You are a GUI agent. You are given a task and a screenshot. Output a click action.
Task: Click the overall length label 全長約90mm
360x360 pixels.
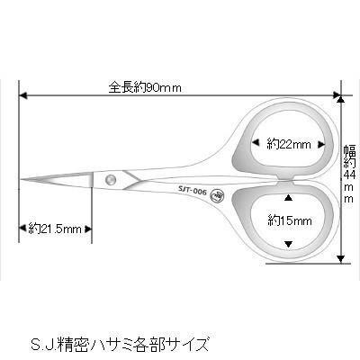pyautogui.click(x=145, y=87)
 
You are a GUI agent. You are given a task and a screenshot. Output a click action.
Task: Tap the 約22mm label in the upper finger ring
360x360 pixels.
pyautogui.click(x=289, y=145)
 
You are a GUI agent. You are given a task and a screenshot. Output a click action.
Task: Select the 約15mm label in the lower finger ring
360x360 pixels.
pyautogui.click(x=290, y=221)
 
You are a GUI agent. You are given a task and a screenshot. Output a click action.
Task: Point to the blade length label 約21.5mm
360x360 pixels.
pyautogui.click(x=55, y=229)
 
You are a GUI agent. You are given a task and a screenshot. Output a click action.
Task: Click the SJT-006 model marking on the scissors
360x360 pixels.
pyautogui.click(x=193, y=190)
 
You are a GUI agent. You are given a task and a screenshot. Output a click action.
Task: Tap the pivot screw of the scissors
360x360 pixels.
pyautogui.click(x=111, y=180)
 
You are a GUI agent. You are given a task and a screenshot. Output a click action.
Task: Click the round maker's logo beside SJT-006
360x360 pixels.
pyautogui.click(x=216, y=194)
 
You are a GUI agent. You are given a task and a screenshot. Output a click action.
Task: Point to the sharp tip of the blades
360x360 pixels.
pyautogui.click(x=21, y=179)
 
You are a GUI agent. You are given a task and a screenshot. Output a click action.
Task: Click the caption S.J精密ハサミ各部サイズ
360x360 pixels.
pyautogui.click(x=120, y=344)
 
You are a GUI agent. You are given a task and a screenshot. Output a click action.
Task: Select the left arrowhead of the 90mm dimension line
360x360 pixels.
pyautogui.click(x=22, y=96)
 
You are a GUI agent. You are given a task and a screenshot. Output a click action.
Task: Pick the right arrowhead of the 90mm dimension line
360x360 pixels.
pyautogui.click(x=337, y=95)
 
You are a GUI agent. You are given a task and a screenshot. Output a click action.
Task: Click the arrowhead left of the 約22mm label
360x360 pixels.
pyautogui.click(x=256, y=143)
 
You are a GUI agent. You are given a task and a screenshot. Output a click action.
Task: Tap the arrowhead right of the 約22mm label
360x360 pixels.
pyautogui.click(x=321, y=145)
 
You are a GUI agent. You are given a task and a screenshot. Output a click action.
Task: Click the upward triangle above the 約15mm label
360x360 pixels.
pyautogui.click(x=288, y=197)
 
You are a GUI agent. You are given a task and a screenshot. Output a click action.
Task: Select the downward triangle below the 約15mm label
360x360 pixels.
pyautogui.click(x=288, y=244)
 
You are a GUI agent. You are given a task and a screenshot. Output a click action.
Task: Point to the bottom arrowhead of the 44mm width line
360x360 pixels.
pyautogui.click(x=340, y=258)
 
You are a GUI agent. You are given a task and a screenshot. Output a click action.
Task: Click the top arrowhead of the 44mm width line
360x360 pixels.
pyautogui.click(x=340, y=99)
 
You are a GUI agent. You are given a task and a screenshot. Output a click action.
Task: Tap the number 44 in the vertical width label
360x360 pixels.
pyautogui.click(x=350, y=175)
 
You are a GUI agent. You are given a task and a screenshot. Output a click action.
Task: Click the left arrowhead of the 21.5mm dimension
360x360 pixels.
pyautogui.click(x=22, y=229)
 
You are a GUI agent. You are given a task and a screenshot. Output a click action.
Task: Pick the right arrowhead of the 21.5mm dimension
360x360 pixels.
pyautogui.click(x=87, y=229)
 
